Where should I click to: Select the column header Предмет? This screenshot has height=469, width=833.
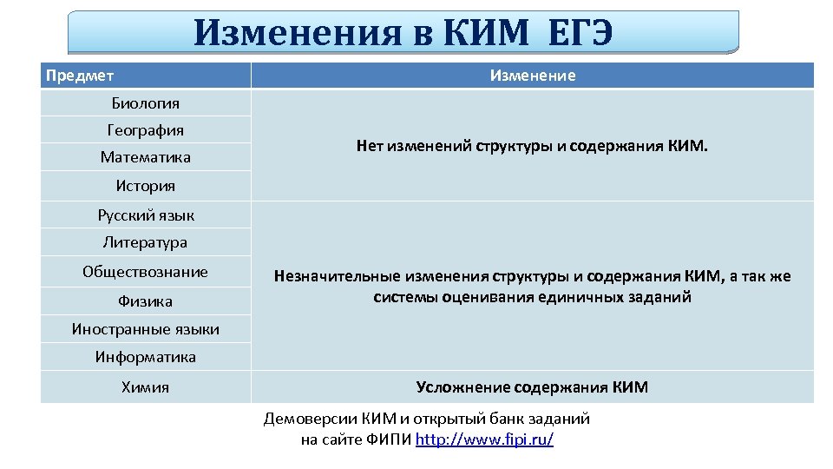click(80, 76)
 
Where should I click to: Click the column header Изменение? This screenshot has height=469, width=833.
click(532, 76)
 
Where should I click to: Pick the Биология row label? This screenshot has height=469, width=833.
click(146, 103)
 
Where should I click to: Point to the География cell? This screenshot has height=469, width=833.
click(146, 130)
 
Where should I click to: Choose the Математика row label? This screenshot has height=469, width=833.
click(146, 157)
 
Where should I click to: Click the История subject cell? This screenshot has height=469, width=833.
click(146, 186)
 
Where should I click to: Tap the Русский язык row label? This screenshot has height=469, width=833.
click(146, 215)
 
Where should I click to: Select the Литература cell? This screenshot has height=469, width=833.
click(146, 242)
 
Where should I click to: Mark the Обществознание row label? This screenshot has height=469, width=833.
click(146, 272)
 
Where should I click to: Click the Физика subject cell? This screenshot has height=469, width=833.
click(146, 301)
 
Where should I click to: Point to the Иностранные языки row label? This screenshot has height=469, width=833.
click(146, 329)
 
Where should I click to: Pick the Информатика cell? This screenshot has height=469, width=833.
click(146, 357)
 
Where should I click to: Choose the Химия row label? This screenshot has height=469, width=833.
click(146, 387)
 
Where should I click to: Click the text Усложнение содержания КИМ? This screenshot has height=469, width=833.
click(532, 387)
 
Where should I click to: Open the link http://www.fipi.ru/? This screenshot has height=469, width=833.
click(484, 439)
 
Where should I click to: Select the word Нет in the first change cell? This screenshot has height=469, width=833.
click(370, 147)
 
